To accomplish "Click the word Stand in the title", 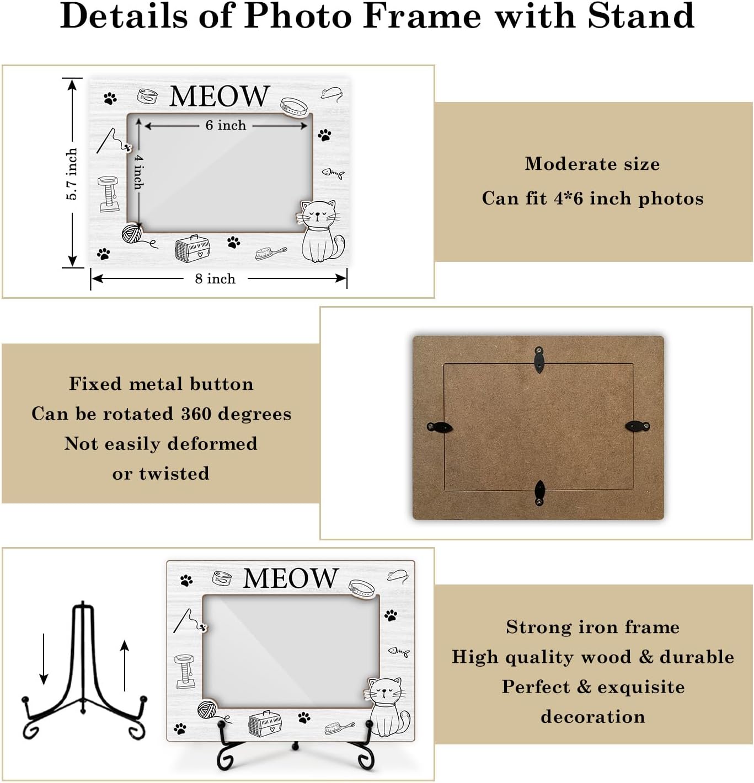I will click(640, 16).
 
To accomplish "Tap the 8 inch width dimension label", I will click(215, 278).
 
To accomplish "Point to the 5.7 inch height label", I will click(72, 174).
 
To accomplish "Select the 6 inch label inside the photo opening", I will click(226, 125).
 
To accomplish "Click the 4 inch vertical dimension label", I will click(138, 172).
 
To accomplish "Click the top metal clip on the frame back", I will click(539, 359).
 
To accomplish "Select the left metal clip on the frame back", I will click(440, 427).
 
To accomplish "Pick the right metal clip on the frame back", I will click(638, 426).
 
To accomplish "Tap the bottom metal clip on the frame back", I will click(539, 492).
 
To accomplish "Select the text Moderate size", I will click(592, 164).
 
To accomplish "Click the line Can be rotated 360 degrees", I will click(161, 414).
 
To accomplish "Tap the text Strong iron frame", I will click(592, 627).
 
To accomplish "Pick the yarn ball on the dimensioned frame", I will click(132, 234).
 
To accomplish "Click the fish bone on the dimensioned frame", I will click(333, 173).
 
